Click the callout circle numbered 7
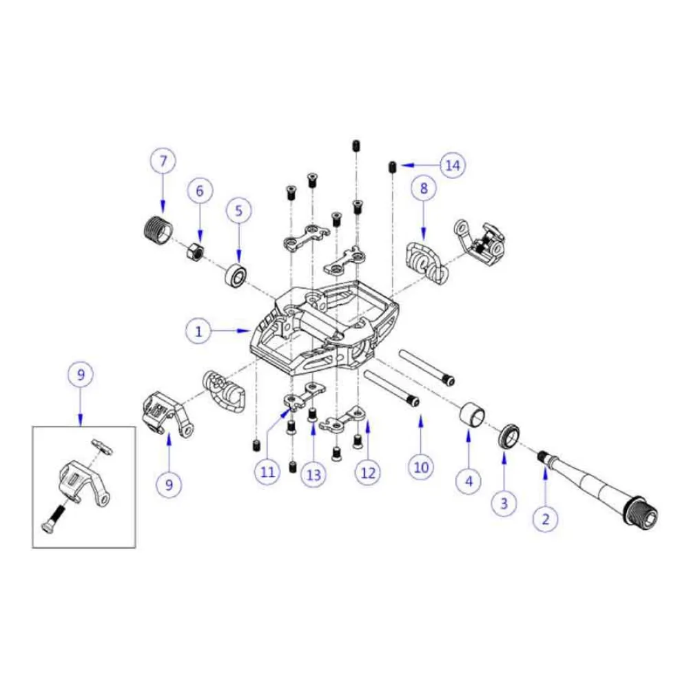(x=163, y=163)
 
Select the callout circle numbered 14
(x=453, y=165)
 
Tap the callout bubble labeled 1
(x=198, y=331)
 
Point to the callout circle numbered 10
(x=421, y=468)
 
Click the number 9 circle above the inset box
(x=81, y=376)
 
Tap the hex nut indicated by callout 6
(x=195, y=251)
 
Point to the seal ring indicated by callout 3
(x=508, y=435)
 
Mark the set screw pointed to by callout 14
(x=391, y=166)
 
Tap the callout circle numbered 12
(x=368, y=473)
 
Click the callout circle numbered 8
(x=424, y=188)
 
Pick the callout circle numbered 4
(x=469, y=481)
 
